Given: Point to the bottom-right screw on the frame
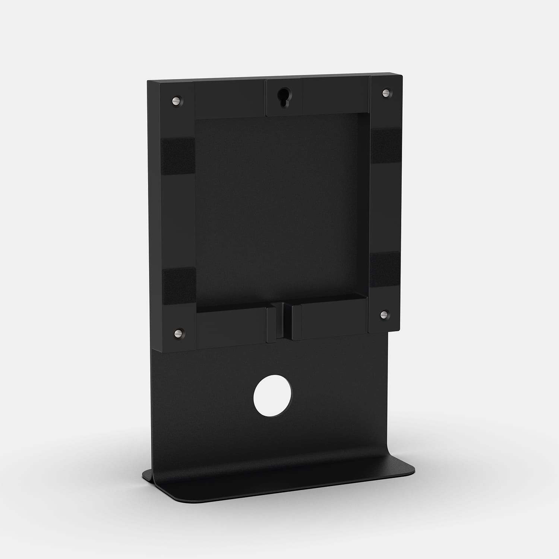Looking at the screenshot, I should (x=383, y=315).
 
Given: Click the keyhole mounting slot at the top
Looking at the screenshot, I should (x=284, y=98).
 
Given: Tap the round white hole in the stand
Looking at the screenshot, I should (x=273, y=398).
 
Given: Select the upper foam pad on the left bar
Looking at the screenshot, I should (x=179, y=156).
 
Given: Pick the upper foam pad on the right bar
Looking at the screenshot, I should (x=385, y=146).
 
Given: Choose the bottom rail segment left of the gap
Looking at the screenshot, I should (x=231, y=326).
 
